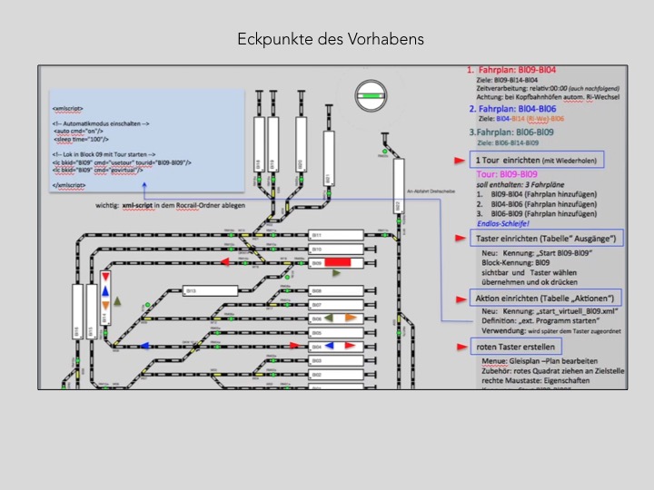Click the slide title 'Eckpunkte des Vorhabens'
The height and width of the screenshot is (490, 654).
[x=330, y=40]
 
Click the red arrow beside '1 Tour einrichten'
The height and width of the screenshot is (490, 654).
[x=461, y=160]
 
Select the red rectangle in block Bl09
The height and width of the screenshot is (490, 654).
[x=338, y=263]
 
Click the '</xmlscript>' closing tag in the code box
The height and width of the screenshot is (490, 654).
[x=70, y=184]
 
